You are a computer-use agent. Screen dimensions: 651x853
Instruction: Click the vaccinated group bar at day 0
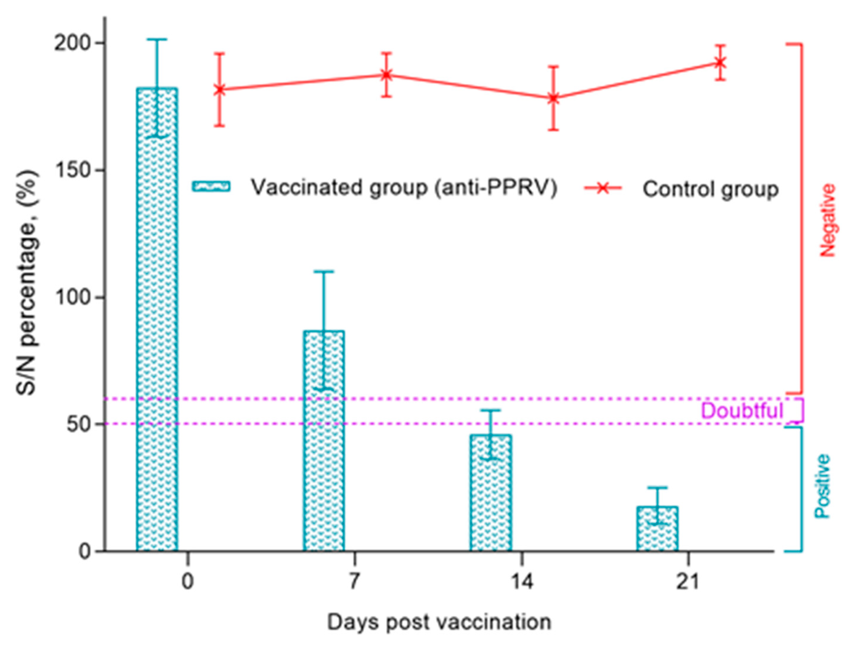pos(157,318)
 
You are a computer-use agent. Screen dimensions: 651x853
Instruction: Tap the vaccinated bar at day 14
pos(491,492)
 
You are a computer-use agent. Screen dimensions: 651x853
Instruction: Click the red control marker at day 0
pos(220,89)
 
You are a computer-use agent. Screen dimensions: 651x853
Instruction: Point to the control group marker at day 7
pos(386,74)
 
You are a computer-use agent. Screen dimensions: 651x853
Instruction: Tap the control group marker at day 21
pos(720,62)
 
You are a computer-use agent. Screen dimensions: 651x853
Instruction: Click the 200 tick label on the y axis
pos(73,43)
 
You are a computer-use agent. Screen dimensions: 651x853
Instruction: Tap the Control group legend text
pos(710,189)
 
